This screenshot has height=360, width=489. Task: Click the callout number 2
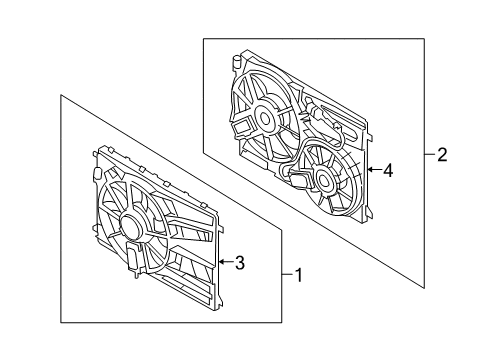pyautogui.click(x=443, y=154)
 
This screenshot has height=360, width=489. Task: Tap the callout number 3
pyautogui.click(x=239, y=263)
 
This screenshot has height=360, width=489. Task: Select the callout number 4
pyautogui.click(x=388, y=171)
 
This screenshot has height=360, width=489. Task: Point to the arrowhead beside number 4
pyautogui.click(x=370, y=171)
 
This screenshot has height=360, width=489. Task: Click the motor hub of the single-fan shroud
pyautogui.click(x=131, y=225)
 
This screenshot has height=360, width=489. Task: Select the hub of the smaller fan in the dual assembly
pyautogui.click(x=323, y=181)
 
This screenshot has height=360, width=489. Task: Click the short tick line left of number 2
pyautogui.click(x=430, y=154)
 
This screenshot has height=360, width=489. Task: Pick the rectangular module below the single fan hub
pyautogui.click(x=132, y=258)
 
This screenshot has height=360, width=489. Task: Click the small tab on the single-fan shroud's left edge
pyautogui.click(x=95, y=174)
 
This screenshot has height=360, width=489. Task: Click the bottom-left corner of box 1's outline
pyautogui.click(x=61, y=321)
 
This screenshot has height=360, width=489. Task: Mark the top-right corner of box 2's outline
pyautogui.click(x=424, y=39)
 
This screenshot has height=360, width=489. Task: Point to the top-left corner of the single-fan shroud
pyautogui.click(x=97, y=152)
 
